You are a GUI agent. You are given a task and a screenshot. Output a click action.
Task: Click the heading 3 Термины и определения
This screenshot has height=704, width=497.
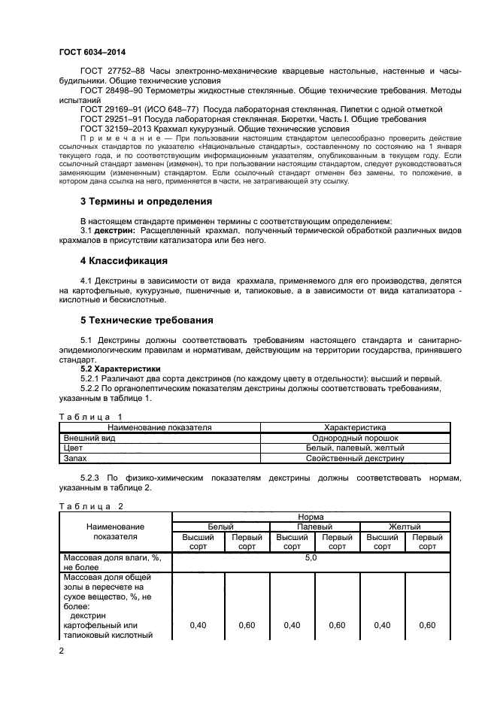pos(146,202)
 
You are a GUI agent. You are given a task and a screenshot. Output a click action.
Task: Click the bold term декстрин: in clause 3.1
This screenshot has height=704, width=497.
pos(116,230)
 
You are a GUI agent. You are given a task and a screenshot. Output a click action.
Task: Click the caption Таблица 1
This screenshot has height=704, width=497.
pos(90,416)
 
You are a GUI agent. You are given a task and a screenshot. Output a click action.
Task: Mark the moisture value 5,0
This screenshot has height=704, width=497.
pos(311,559)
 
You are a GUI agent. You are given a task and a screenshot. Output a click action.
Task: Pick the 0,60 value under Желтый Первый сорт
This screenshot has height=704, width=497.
pos(427,625)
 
